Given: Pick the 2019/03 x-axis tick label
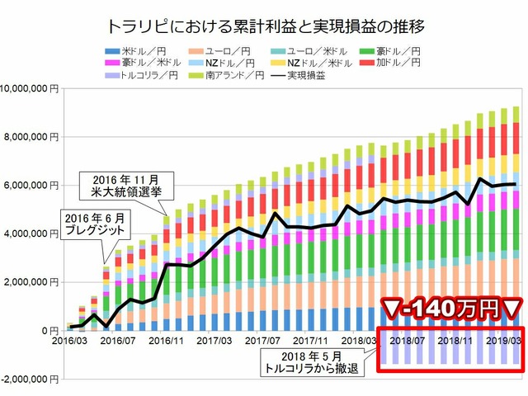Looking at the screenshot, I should pyautogui.click(x=505, y=339).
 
